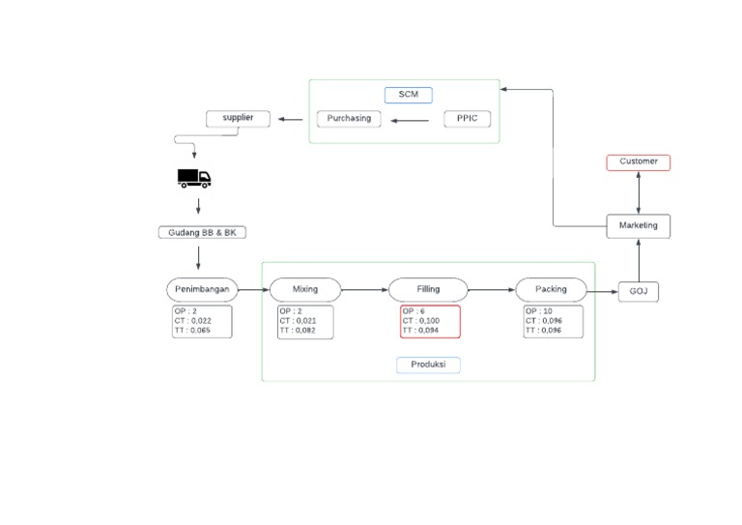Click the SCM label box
point(408,95)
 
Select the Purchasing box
point(350,119)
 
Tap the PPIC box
point(468,119)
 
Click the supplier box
point(238,119)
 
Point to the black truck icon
point(194,178)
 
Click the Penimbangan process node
point(202,289)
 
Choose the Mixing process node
point(305,289)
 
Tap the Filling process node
point(428,289)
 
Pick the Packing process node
point(552,289)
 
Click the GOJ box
point(638,290)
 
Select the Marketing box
point(638,226)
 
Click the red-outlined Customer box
point(638,162)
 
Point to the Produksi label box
point(428,365)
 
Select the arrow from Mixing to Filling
point(366,289)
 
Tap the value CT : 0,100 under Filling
point(422,321)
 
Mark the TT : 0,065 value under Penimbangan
point(191,331)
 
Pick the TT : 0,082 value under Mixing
point(299,331)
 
